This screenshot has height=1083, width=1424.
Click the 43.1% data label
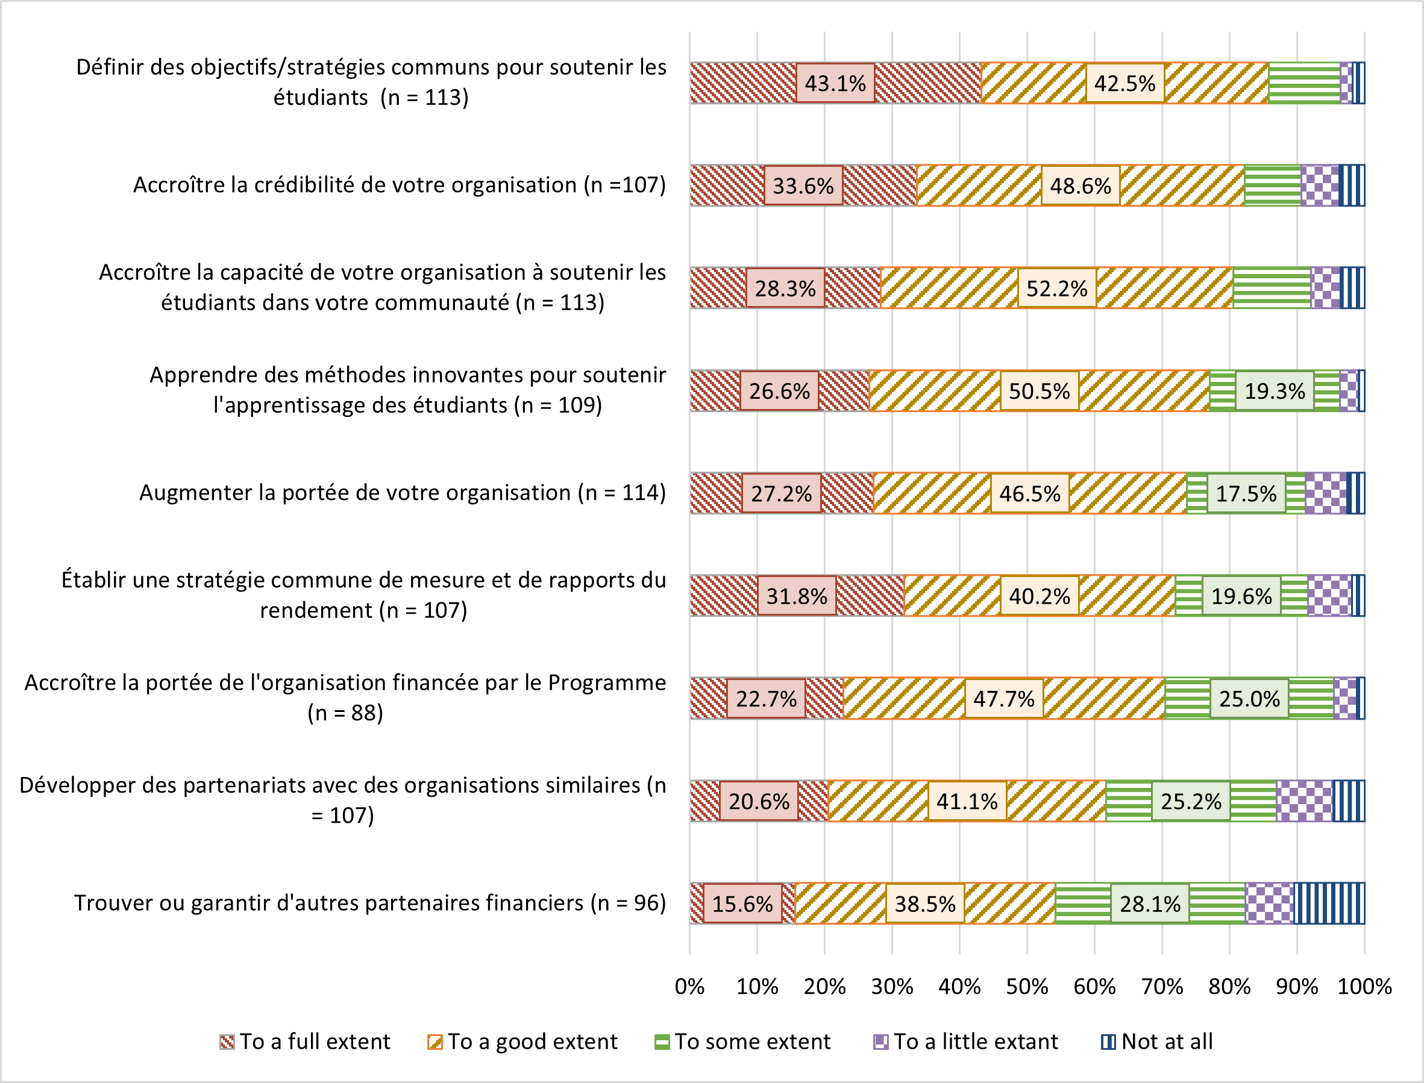pos(835,83)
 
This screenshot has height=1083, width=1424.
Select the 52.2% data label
pos(1056,288)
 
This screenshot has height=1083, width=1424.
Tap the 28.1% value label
pos(1149,904)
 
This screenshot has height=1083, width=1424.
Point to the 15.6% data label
pos(742,904)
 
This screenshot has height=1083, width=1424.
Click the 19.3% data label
pos(1274,391)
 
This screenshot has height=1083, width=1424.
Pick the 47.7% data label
pos(1003,699)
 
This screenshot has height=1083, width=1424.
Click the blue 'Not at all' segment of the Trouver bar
pos(1329,903)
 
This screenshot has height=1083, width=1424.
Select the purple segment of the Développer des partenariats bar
pos(1304,801)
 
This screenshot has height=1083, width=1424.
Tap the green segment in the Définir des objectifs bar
pos(1303,83)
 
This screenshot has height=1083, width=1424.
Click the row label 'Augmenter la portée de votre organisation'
pos(403,493)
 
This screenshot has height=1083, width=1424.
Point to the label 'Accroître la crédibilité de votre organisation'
pos(399,185)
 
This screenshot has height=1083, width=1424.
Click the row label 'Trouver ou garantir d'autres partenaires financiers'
pos(369,903)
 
